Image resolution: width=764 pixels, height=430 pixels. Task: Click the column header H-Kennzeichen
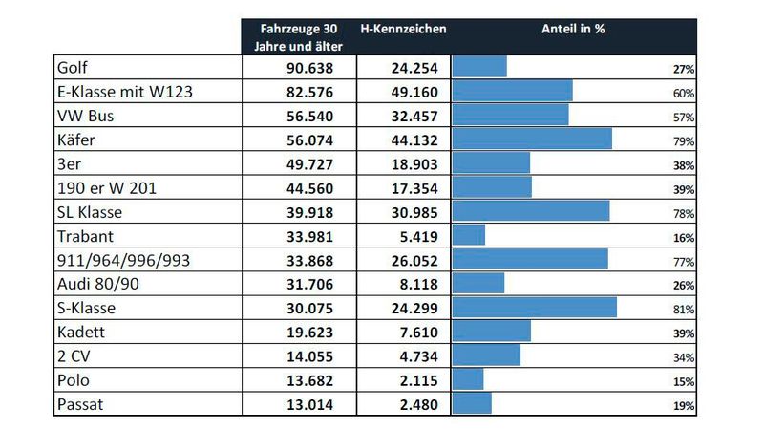point(402,29)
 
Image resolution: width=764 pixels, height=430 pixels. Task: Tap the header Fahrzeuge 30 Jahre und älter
point(298,36)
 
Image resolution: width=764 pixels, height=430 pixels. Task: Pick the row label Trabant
point(88,235)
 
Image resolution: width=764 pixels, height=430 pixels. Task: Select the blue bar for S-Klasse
point(534,307)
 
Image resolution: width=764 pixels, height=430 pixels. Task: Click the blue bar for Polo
point(467,379)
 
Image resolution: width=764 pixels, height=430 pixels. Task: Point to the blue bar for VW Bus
point(510,116)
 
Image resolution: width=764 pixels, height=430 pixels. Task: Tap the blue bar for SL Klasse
point(530,211)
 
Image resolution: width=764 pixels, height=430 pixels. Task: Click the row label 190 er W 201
point(107,188)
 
